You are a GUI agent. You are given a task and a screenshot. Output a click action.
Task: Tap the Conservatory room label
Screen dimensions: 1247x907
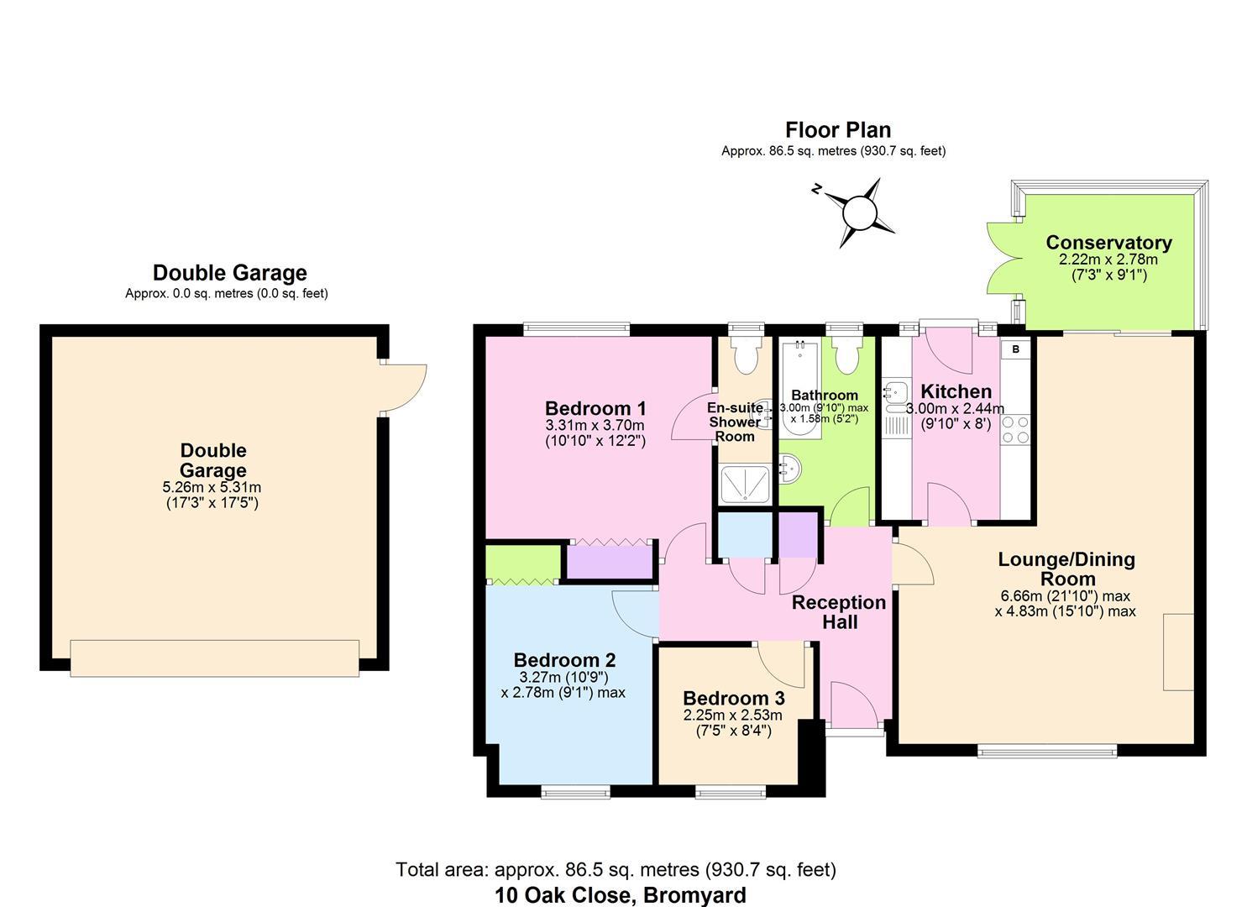tap(1108, 243)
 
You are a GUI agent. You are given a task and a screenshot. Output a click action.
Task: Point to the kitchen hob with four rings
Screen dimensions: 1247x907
tap(1014, 430)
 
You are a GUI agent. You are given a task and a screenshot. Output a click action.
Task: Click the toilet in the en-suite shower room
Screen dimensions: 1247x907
tap(746, 356)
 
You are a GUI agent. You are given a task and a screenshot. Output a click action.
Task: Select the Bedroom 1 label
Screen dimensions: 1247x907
tap(595, 409)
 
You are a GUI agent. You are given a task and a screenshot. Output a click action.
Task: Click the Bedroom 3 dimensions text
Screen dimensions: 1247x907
tap(733, 723)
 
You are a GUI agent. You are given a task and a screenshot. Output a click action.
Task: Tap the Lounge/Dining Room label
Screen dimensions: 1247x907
tap(1066, 569)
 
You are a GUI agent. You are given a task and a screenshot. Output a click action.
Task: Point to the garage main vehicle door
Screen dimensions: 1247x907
tap(214, 658)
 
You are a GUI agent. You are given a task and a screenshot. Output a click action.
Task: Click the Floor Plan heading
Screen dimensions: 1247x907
tap(837, 130)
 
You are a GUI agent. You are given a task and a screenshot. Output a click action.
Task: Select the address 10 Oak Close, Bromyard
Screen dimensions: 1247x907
tap(620, 895)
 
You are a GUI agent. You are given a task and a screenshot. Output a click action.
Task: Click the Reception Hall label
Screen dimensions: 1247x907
tap(839, 612)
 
